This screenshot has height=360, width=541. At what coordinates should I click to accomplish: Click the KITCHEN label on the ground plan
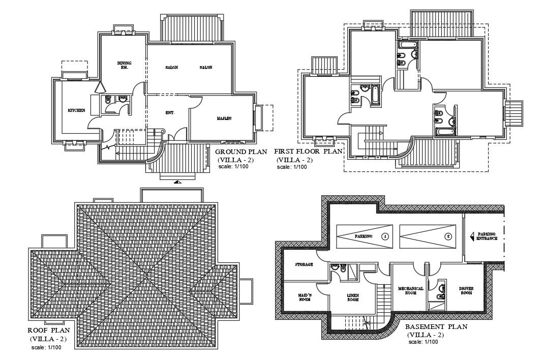pyautogui.click(x=76, y=110)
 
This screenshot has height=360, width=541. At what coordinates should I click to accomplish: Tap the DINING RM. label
pyautogui.click(x=124, y=65)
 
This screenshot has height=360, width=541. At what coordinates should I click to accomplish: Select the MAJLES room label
pyautogui.click(x=224, y=118)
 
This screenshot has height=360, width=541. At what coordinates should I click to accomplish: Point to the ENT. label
pyautogui.click(x=170, y=112)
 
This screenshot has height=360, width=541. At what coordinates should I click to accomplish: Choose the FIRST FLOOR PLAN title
pyautogui.click(x=308, y=152)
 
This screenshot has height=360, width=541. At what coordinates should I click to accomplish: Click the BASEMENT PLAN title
pyautogui.click(x=436, y=327)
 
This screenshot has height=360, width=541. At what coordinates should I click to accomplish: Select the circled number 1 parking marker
pyautogui.click(x=385, y=236)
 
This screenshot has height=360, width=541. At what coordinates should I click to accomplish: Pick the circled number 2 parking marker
pyautogui.click(x=448, y=236)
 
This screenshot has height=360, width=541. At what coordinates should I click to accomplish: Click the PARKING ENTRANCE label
pyautogui.click(x=487, y=236)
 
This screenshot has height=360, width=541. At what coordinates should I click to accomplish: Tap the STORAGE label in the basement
pyautogui.click(x=304, y=264)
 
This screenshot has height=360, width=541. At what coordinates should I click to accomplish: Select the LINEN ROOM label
pyautogui.click(x=353, y=297)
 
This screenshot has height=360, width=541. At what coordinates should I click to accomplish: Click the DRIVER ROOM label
pyautogui.click(x=466, y=291)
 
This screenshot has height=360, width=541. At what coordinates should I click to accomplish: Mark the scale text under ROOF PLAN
pyautogui.click(x=47, y=348)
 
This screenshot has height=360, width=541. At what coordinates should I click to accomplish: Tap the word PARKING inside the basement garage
pyautogui.click(x=364, y=236)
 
